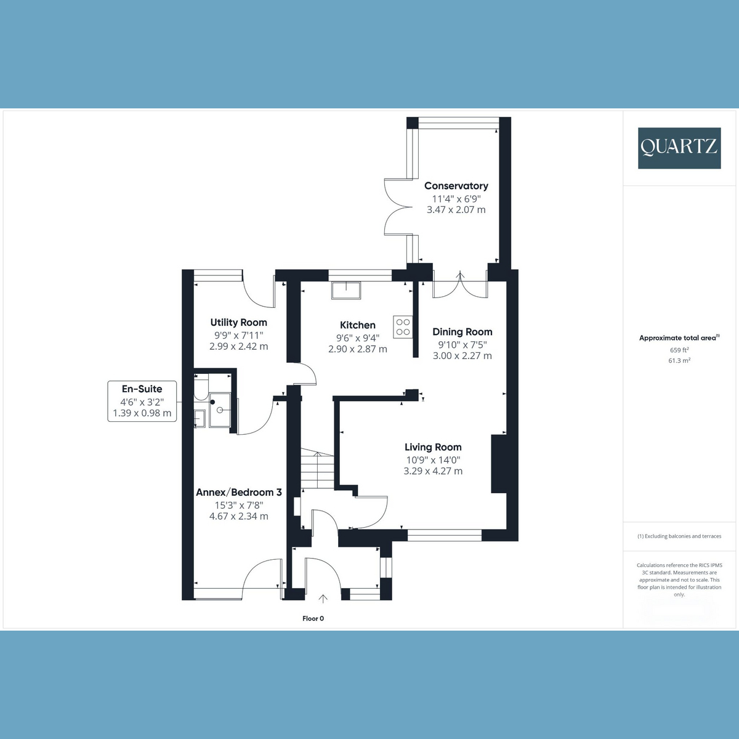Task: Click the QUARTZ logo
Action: [679, 148]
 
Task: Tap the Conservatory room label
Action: [456, 186]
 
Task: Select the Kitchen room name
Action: [357, 325]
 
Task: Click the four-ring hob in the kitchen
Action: [403, 327]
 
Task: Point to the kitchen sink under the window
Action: [346, 290]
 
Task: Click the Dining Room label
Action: [462, 332]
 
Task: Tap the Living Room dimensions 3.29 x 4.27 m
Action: [433, 471]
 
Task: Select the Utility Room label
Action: [238, 323]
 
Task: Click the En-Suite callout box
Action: [142, 401]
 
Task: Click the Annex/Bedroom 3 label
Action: [239, 493]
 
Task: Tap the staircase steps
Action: [317, 470]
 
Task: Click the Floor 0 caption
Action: [313, 618]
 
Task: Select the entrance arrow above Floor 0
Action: [323, 599]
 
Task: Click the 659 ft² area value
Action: [679, 350]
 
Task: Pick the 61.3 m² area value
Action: [679, 360]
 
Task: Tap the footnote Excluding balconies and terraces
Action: [679, 536]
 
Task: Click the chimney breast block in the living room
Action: [499, 464]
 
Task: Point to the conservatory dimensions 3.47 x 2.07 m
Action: [456, 210]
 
